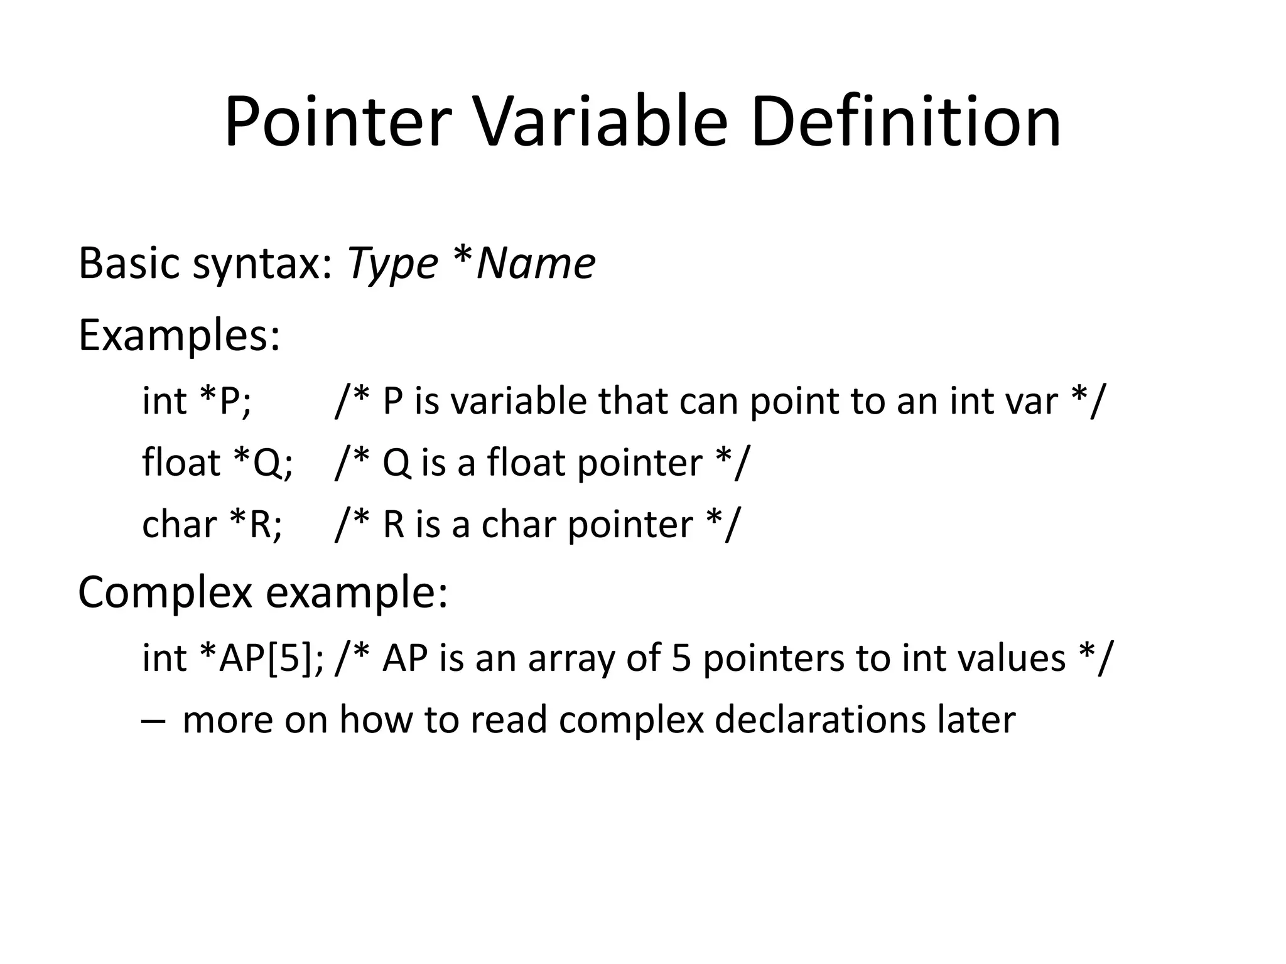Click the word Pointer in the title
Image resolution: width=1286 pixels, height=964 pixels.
pos(338,122)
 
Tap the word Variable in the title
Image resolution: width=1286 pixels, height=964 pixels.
pos(601,122)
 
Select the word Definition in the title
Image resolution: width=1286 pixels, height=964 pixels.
pos(905,122)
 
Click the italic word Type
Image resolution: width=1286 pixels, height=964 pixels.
pos(392,264)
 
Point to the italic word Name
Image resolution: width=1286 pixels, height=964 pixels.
pos(536,264)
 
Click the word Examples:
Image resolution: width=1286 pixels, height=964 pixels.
pos(179,336)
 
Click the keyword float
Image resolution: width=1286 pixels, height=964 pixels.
pos(181,463)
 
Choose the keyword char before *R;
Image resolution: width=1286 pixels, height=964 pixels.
pos(179,525)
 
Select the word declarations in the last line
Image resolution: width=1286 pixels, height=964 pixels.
pos(820,720)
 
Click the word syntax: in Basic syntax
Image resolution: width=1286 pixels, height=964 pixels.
pos(262,264)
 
